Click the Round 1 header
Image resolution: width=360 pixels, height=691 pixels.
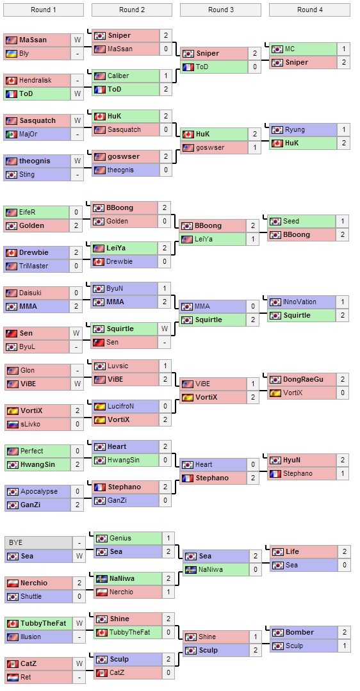(x=43, y=10)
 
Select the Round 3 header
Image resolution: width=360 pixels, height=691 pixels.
(x=220, y=10)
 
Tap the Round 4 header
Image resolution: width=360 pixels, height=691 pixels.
(x=309, y=10)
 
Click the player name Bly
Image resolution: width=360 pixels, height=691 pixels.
(x=24, y=54)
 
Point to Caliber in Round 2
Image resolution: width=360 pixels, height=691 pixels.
(x=118, y=76)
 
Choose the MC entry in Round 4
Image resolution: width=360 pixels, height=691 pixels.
(x=290, y=49)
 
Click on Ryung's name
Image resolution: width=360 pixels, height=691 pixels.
(x=295, y=130)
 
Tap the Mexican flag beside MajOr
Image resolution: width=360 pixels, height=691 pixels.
(x=12, y=134)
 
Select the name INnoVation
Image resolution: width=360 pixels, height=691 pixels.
(x=300, y=302)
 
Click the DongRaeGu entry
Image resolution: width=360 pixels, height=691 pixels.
(x=303, y=380)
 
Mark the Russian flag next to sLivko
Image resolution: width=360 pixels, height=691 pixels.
(x=12, y=424)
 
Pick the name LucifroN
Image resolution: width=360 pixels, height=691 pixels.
(x=122, y=406)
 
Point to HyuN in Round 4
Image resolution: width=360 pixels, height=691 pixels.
(x=292, y=460)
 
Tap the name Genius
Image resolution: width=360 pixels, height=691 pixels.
(x=120, y=539)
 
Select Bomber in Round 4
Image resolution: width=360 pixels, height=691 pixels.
(x=299, y=633)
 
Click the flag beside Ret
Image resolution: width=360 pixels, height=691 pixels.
(x=12, y=677)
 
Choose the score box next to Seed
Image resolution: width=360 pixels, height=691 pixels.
(x=343, y=222)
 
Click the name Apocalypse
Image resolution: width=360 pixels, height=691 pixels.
(x=38, y=492)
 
